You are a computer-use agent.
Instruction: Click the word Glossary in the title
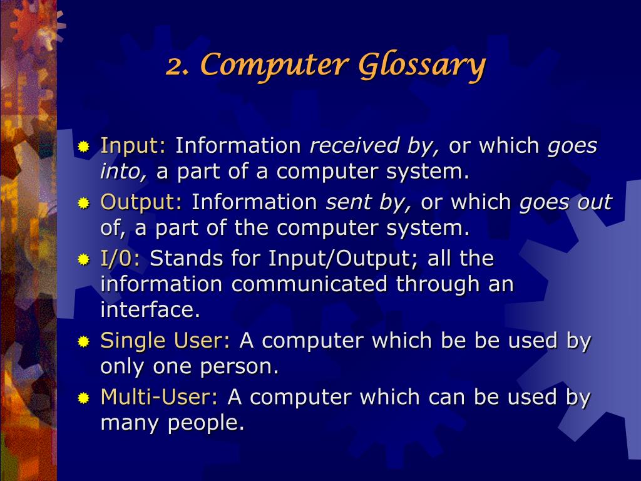(x=422, y=66)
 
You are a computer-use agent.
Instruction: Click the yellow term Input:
(x=133, y=146)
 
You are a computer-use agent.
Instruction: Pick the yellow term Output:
(x=141, y=202)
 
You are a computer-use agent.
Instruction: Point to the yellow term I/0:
(x=121, y=258)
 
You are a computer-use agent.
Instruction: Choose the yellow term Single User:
(x=165, y=341)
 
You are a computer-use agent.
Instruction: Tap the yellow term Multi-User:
(x=159, y=397)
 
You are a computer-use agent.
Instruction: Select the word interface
(x=150, y=309)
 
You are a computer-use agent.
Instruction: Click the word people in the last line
(x=205, y=423)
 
